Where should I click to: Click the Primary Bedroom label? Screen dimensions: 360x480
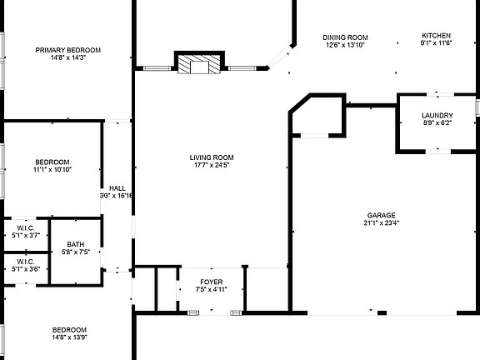(68, 50)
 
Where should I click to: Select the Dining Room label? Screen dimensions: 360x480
(346, 37)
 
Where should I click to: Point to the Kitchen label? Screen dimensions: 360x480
(436, 35)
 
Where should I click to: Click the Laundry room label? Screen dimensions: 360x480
(437, 116)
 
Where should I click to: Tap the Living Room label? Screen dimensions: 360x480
(211, 157)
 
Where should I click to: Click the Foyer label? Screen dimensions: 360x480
(211, 281)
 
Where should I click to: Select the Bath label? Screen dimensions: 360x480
(76, 244)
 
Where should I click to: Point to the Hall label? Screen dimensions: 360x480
(117, 188)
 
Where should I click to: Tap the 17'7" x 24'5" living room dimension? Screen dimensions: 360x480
(211, 165)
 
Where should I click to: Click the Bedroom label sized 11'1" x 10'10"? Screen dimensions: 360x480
(52, 162)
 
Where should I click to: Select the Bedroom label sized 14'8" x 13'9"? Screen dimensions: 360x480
(70, 329)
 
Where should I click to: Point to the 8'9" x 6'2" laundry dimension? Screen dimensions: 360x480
(437, 123)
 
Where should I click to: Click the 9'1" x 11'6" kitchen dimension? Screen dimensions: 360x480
(436, 42)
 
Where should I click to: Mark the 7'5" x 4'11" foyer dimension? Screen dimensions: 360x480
(211, 288)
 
